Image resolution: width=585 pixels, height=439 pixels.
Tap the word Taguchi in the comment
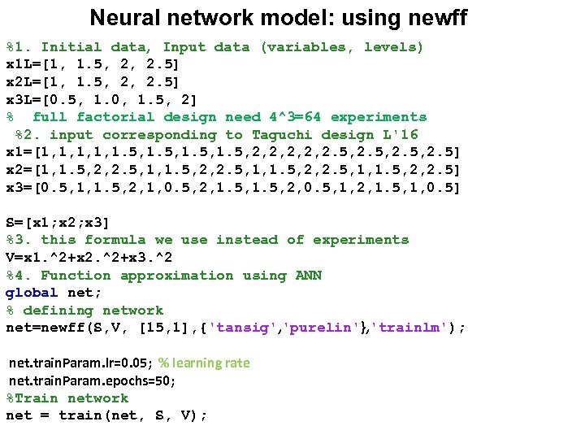click(282, 135)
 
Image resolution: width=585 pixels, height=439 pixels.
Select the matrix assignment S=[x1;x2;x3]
click(58, 222)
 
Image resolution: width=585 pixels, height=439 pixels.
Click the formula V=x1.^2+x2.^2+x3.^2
click(89, 258)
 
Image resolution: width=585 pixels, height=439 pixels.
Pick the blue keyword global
click(32, 293)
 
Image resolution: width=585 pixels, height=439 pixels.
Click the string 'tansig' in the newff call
click(237, 328)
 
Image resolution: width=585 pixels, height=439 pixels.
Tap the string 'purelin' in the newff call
click(312, 328)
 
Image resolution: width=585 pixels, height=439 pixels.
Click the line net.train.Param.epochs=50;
click(92, 380)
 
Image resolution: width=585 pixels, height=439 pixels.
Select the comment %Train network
click(67, 398)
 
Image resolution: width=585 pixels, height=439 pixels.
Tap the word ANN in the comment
click(308, 276)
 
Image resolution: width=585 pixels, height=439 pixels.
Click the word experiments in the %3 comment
click(360, 240)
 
